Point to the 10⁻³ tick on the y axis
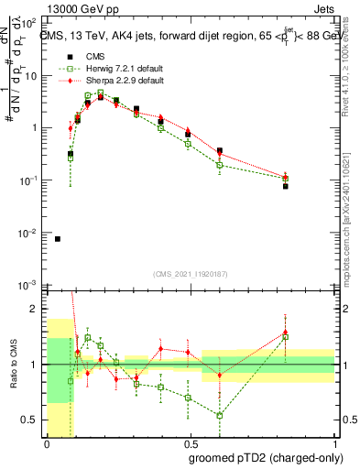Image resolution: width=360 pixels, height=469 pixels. point(30,287)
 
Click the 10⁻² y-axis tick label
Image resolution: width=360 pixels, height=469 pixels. point(30,234)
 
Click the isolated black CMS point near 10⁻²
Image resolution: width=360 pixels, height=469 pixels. point(58,239)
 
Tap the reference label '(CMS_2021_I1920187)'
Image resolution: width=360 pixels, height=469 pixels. point(191,274)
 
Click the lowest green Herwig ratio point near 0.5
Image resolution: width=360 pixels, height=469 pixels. point(220,415)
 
